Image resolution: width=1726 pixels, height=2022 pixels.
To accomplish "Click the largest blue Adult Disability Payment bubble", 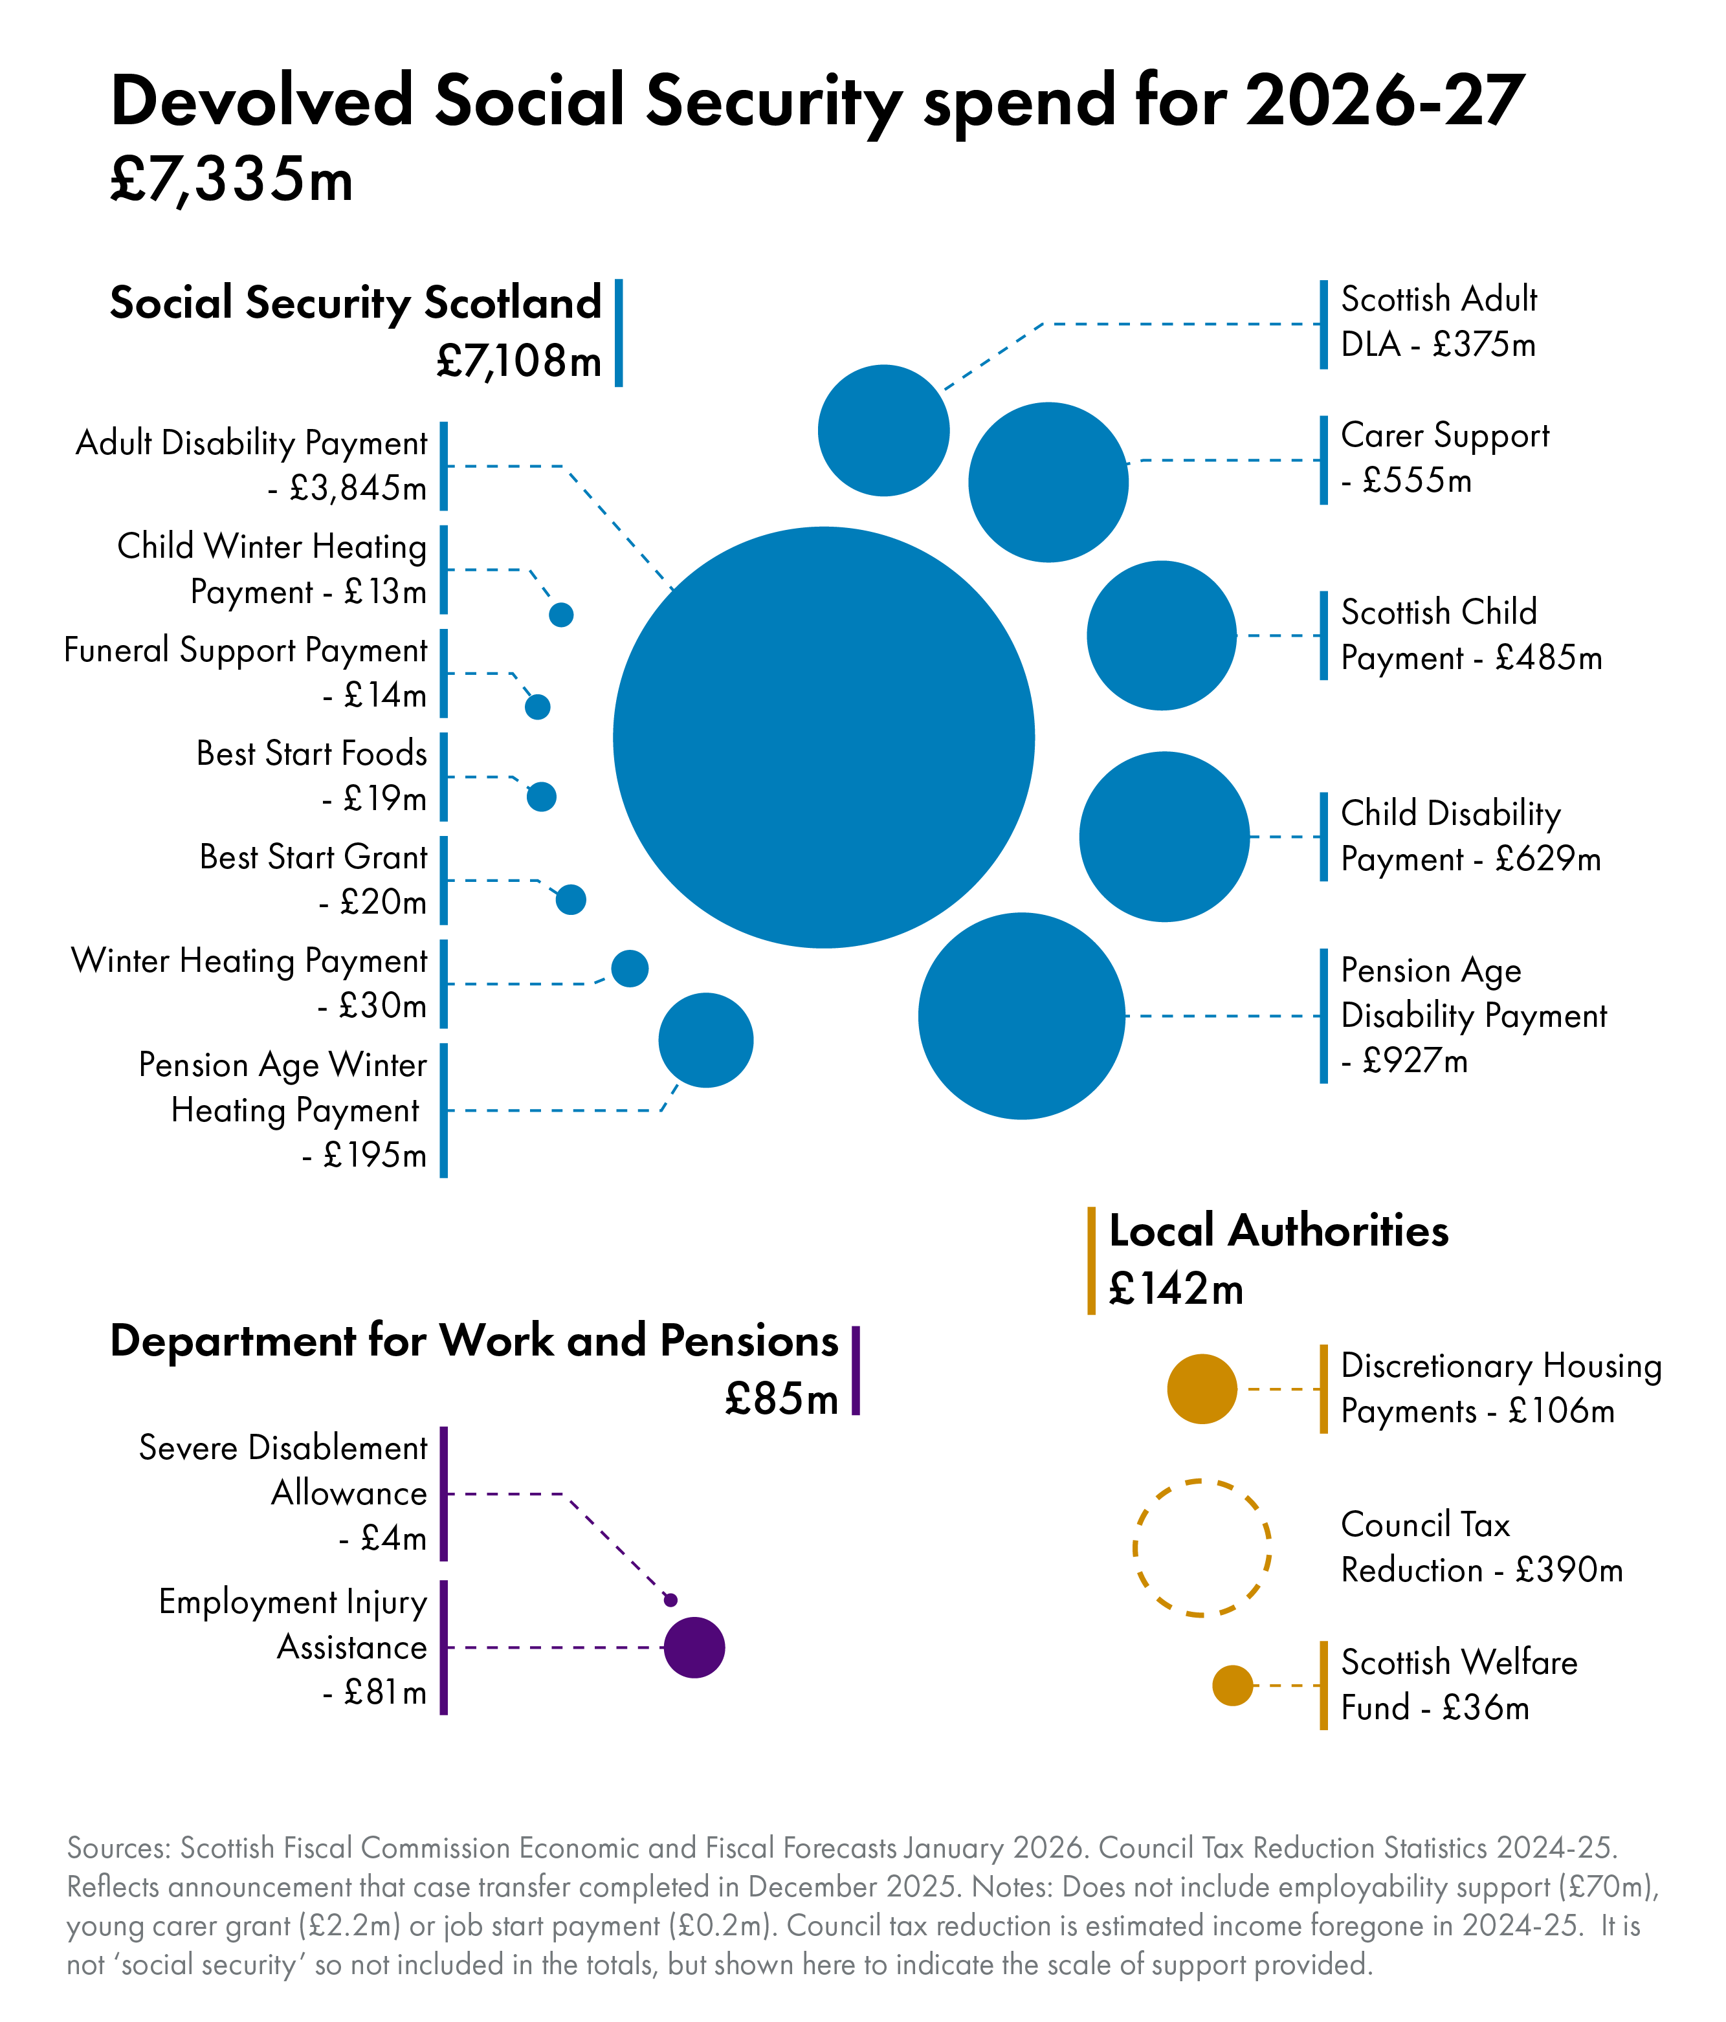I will click(x=823, y=737).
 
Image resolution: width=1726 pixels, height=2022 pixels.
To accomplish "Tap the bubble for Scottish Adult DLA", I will click(x=883, y=430).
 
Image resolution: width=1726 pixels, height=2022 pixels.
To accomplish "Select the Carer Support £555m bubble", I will click(x=1048, y=482).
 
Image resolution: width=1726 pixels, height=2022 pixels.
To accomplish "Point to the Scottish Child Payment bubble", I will click(x=1161, y=635).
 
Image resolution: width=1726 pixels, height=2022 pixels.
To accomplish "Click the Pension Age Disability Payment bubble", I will click(x=1021, y=1016).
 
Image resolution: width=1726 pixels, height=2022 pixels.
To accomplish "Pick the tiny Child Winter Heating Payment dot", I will click(x=560, y=615).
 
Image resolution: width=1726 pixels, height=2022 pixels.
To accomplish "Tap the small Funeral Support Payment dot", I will click(x=537, y=707).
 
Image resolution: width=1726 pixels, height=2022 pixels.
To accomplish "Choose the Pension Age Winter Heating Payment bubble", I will click(x=706, y=1040).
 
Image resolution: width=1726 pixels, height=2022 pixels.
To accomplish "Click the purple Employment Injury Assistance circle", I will click(x=694, y=1647).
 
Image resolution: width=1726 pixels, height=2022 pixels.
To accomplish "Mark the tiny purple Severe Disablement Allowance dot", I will click(x=670, y=1599).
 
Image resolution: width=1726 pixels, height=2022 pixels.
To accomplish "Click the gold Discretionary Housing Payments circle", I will click(x=1202, y=1389).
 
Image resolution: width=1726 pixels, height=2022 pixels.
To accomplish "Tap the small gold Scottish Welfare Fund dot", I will click(x=1232, y=1686).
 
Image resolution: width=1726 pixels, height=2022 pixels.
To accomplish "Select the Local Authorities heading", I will click(x=1278, y=1231).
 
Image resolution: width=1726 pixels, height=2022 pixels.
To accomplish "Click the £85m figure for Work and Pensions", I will click(x=781, y=1400).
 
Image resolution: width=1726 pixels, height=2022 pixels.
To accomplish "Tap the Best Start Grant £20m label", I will click(x=313, y=879).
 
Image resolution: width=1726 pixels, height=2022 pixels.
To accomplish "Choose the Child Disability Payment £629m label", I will click(x=1469, y=837).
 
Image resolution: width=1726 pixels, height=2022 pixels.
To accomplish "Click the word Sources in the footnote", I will click(x=117, y=1849).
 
